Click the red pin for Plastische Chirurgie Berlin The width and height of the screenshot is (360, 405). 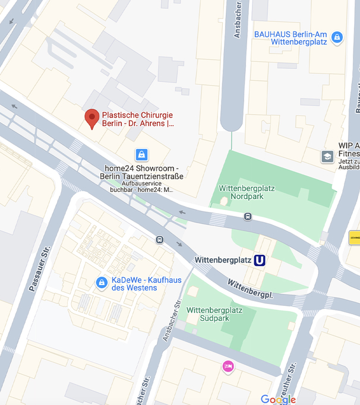tap(91, 118)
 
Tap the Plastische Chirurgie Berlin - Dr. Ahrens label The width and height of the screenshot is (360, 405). tap(138, 119)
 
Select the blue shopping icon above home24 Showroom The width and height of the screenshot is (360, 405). tap(141, 155)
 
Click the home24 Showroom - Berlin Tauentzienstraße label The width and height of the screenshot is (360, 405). tap(142, 172)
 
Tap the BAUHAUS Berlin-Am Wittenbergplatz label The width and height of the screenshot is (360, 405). tap(291, 38)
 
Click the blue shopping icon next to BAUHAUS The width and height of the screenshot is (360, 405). tap(337, 37)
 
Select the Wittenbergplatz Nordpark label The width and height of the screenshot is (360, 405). tap(247, 192)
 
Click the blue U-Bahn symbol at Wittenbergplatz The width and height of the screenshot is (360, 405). tap(260, 260)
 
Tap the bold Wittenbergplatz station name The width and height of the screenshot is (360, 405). tap(222, 260)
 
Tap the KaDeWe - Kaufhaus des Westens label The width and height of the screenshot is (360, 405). tap(135, 284)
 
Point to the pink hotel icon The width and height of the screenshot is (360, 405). tap(228, 366)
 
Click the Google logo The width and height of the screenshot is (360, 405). tap(278, 398)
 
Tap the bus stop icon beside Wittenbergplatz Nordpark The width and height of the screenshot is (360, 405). tap(248, 216)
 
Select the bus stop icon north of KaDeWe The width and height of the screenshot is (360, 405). tap(159, 240)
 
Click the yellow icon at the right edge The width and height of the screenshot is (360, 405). tap(354, 238)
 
